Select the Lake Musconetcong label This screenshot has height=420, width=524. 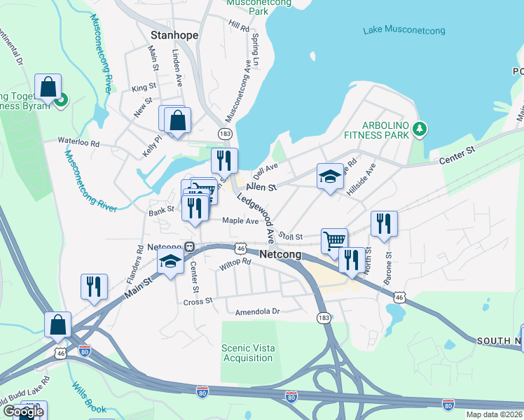click(x=404, y=30)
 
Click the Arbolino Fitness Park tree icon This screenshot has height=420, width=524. click(x=420, y=128)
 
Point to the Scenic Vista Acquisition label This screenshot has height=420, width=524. click(x=247, y=353)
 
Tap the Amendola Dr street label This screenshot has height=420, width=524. click(x=257, y=311)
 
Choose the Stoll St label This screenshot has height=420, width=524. click(x=290, y=237)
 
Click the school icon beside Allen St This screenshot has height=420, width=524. click(x=330, y=176)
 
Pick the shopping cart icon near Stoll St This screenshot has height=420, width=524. click(x=335, y=240)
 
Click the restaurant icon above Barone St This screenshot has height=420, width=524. click(x=383, y=223)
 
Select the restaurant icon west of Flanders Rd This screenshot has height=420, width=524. click(x=94, y=286)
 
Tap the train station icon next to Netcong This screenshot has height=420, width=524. click(x=189, y=247)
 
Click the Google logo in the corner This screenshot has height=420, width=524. click(x=22, y=411)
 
